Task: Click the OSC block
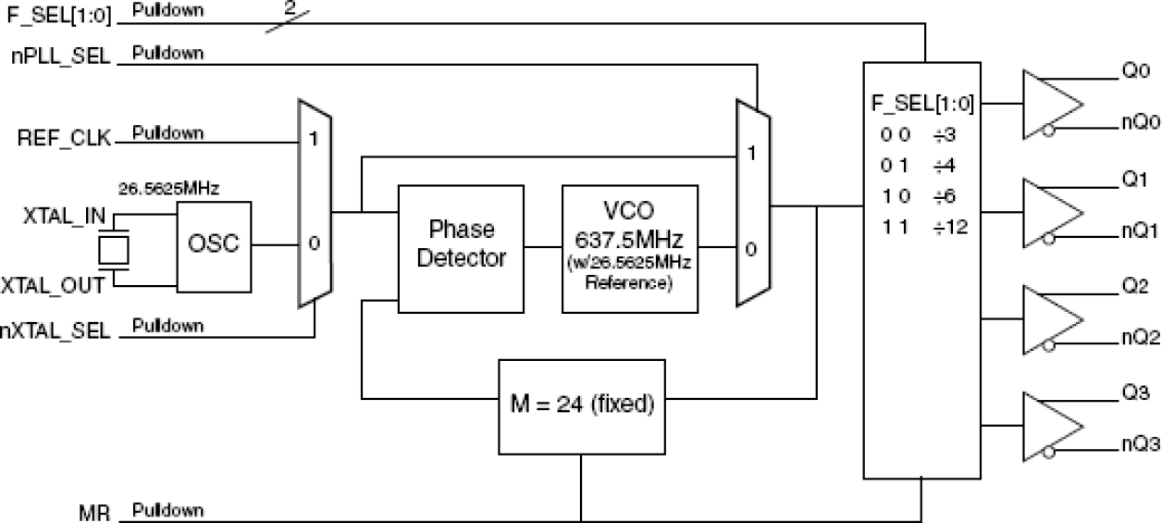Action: point(213,245)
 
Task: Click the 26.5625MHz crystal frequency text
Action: point(168,189)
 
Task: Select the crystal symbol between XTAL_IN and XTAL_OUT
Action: point(114,249)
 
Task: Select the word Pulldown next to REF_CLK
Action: point(167,132)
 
